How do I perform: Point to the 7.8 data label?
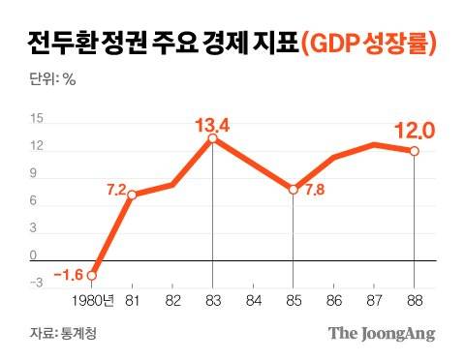(x=317, y=190)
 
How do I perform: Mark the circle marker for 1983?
(x=212, y=139)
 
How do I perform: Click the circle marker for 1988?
(x=414, y=151)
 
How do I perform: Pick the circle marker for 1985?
(x=294, y=190)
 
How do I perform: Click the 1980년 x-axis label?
(x=94, y=301)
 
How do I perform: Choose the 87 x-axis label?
(x=374, y=301)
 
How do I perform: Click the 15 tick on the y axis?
(x=37, y=120)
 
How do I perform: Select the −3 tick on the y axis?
(x=36, y=283)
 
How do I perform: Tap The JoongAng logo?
(x=380, y=334)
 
